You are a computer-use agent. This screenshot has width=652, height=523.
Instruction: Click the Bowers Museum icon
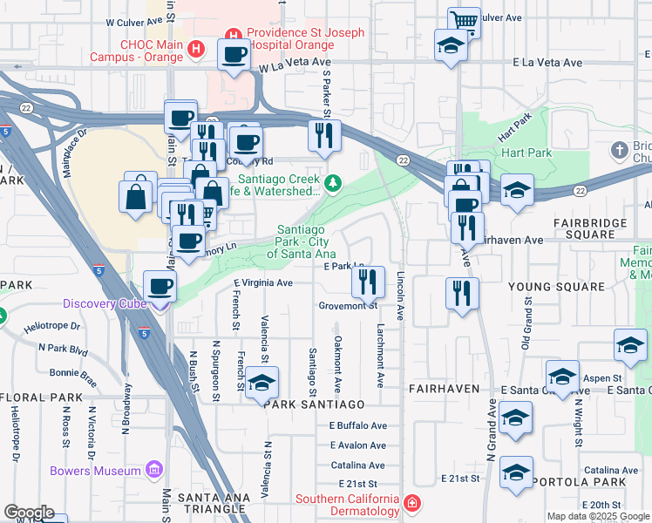click(155, 471)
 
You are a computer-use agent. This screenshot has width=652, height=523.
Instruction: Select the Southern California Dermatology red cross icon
click(411, 504)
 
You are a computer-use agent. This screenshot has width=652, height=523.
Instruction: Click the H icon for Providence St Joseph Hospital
click(233, 35)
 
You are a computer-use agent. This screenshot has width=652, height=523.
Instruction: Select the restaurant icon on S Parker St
click(321, 134)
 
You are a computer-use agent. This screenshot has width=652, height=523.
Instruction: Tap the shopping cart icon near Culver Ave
click(465, 20)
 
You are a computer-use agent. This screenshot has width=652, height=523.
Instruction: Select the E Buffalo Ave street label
click(357, 425)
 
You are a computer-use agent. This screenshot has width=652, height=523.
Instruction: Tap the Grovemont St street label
click(348, 305)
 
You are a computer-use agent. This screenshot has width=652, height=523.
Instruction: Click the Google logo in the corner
click(29, 513)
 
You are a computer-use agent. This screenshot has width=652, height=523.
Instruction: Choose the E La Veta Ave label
click(547, 63)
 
